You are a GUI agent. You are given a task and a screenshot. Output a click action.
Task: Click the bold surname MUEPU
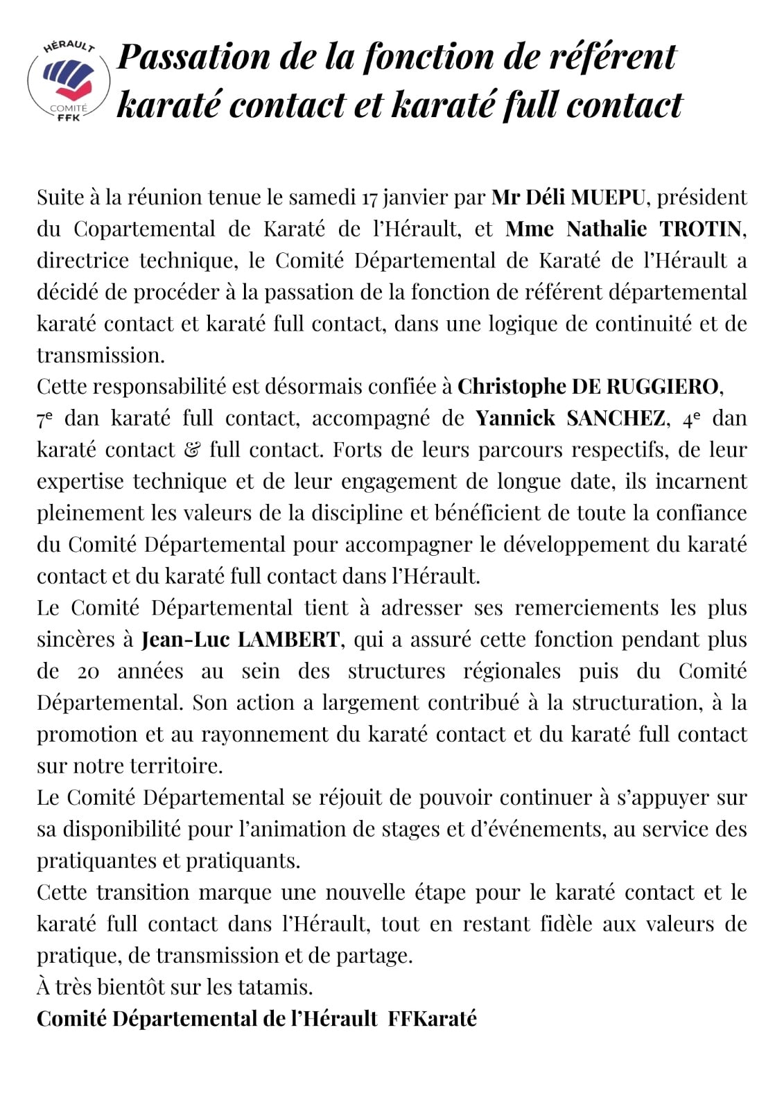pyautogui.click(x=607, y=198)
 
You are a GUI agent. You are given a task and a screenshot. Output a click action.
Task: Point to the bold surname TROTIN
pyautogui.click(x=702, y=229)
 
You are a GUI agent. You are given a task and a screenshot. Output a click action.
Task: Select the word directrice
pyautogui.click(x=82, y=261)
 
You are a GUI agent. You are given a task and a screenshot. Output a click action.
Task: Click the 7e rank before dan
pyautogui.click(x=45, y=419)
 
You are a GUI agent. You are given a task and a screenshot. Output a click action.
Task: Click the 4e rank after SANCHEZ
pyautogui.click(x=691, y=419)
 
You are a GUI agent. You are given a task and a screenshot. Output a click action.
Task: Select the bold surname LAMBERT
pyautogui.click(x=288, y=640)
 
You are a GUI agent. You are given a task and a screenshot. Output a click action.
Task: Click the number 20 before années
pyautogui.click(x=89, y=672)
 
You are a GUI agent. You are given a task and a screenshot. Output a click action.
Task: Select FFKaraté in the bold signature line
pyautogui.click(x=432, y=1019)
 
